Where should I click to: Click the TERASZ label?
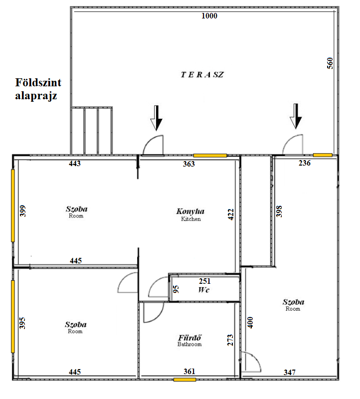coord(202,74)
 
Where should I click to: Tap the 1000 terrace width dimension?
coord(209,16)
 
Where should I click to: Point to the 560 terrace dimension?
coord(330,63)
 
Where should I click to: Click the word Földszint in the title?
coord(38,82)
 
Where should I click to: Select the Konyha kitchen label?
coord(190,211)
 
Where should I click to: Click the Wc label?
coord(204,290)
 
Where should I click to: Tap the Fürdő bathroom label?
coord(189,338)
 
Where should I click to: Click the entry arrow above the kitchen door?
coord(156,118)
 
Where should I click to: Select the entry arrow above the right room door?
coord(296,116)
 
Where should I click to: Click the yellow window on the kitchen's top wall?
coord(210,156)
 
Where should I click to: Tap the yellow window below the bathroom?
coord(184,380)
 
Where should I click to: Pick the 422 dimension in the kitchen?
coord(230,214)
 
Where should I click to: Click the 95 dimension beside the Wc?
coord(176,289)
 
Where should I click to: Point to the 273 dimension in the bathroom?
coord(230,340)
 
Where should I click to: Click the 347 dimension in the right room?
coord(290,373)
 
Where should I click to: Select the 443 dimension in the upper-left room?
coord(75,164)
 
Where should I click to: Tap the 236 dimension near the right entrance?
coord(305,163)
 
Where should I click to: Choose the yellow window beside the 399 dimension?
coord(13,205)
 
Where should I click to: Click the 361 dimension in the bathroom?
coord(189,372)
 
